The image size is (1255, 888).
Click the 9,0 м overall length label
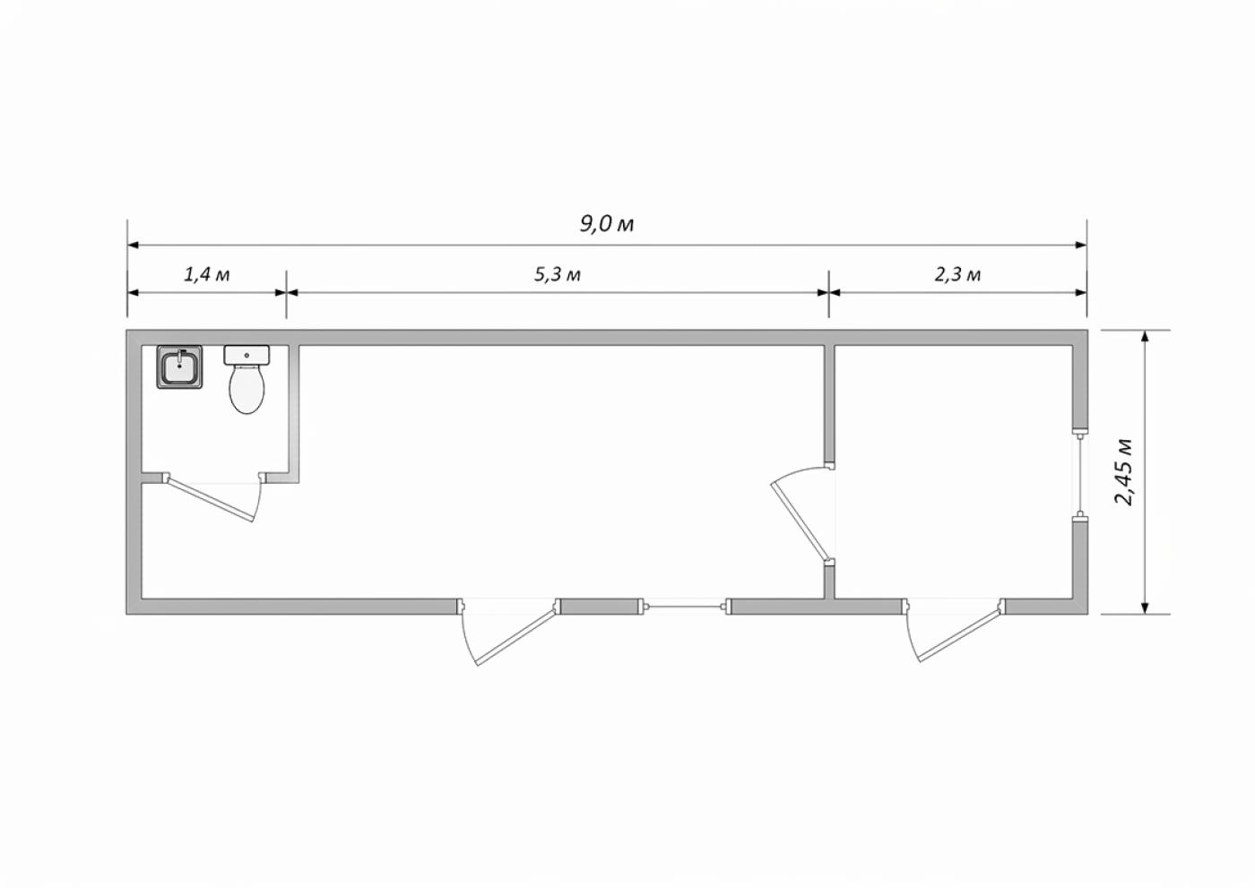click(x=606, y=224)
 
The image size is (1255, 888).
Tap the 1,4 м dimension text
click(x=207, y=274)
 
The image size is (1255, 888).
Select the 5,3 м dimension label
click(x=558, y=274)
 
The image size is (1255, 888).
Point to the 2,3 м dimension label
click(x=957, y=274)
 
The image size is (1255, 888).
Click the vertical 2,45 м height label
click(x=1123, y=472)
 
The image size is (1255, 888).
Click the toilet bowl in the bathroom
click(x=247, y=389)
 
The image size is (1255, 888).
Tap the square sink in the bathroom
click(x=179, y=366)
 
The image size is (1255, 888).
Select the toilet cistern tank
click(x=247, y=355)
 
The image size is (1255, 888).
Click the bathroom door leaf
click(x=212, y=499)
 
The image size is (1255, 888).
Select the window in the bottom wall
click(x=687, y=607)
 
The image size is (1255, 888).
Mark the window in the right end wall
click(x=1080, y=475)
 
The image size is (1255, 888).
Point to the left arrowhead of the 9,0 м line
click(x=134, y=246)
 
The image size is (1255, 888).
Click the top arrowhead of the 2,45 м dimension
click(x=1146, y=336)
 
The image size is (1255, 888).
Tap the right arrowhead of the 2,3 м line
click(x=1081, y=293)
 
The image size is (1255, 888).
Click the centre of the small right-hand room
click(x=954, y=472)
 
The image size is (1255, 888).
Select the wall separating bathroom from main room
click(x=294, y=413)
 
